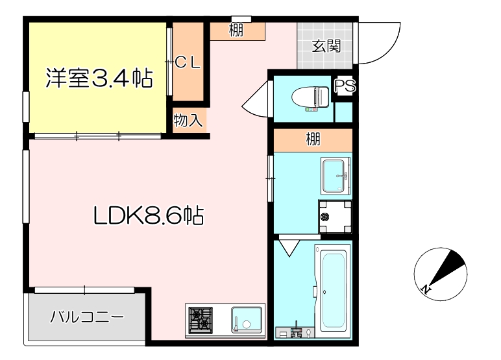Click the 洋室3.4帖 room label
(x=99, y=79)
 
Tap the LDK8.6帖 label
(x=149, y=215)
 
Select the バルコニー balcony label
(x=87, y=318)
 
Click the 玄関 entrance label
(x=326, y=46)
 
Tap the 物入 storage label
(x=189, y=120)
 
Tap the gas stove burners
(x=201, y=319)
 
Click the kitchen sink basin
(x=247, y=320)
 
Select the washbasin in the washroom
(x=336, y=176)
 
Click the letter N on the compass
(x=425, y=289)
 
